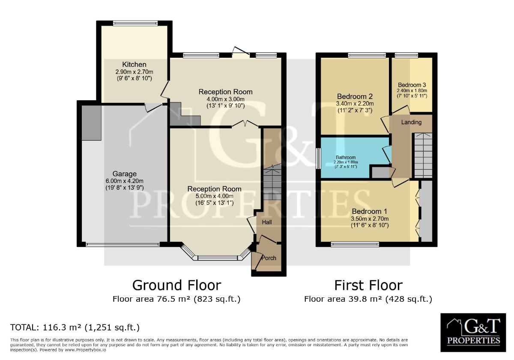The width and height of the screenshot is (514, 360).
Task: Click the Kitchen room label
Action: click(134, 65)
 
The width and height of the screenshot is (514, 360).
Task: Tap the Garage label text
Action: click(125, 174)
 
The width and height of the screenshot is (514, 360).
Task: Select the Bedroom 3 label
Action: click(412, 85)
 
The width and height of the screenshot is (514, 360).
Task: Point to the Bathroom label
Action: click(346, 158)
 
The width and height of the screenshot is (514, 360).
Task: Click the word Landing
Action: click(411, 123)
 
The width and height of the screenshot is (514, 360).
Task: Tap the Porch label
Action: click(269, 258)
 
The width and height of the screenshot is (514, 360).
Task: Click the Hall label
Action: click(267, 222)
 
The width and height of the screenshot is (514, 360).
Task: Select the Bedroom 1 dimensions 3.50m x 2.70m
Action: click(370, 219)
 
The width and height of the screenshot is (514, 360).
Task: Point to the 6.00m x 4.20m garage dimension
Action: click(125, 181)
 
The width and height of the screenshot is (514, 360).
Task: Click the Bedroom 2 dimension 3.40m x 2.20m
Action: click(355, 104)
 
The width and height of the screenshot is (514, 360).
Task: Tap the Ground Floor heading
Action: click(176, 285)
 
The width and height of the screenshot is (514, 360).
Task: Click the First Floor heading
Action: click(368, 285)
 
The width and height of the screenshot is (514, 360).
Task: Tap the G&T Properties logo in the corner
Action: click(473, 333)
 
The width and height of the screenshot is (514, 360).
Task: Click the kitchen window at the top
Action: click(135, 23)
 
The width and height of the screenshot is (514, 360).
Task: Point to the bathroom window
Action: click(318, 159)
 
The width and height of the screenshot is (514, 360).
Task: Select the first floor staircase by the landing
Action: click(423, 155)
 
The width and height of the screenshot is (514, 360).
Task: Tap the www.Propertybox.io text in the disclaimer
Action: click(85, 350)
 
